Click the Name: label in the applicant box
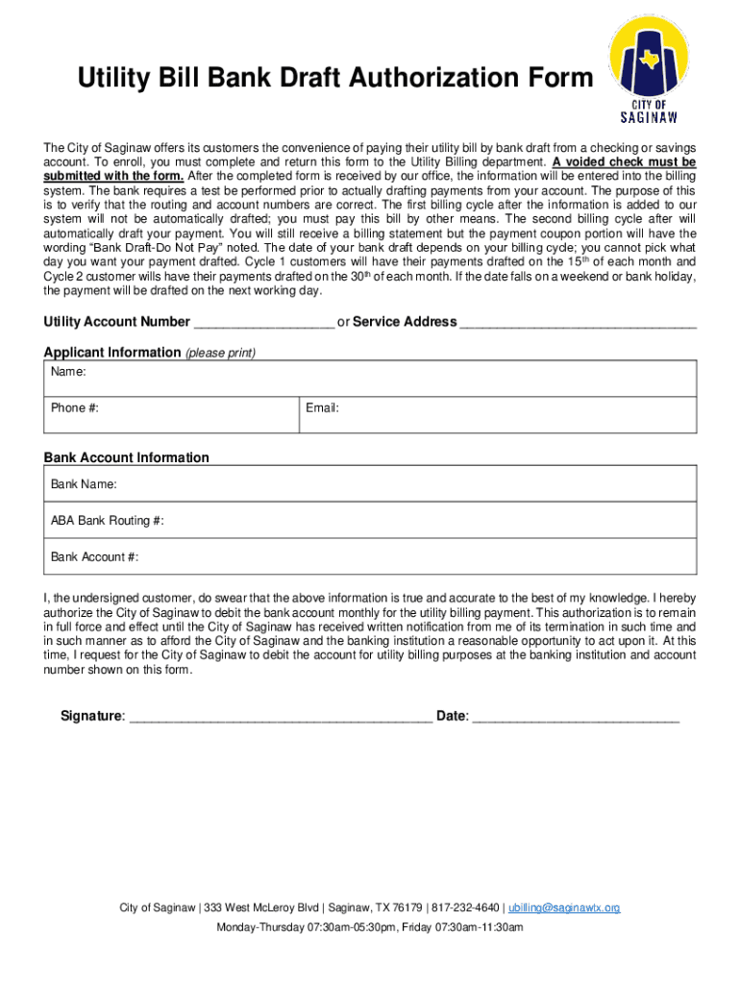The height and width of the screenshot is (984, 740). [69, 371]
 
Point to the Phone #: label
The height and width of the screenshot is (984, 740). [75, 408]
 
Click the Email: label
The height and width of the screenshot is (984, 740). [322, 408]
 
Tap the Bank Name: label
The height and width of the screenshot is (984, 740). [84, 484]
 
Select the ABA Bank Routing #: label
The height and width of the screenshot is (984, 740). [108, 521]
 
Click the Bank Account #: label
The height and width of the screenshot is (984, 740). [95, 557]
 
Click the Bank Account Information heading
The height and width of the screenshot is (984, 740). [126, 458]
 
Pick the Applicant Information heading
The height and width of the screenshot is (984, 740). [112, 353]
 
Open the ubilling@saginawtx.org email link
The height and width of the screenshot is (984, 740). [564, 908]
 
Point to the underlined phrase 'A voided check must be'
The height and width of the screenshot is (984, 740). [624, 162]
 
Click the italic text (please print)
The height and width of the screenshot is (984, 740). [220, 354]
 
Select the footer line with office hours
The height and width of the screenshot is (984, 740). [370, 927]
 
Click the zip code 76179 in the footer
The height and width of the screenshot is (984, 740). [407, 908]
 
